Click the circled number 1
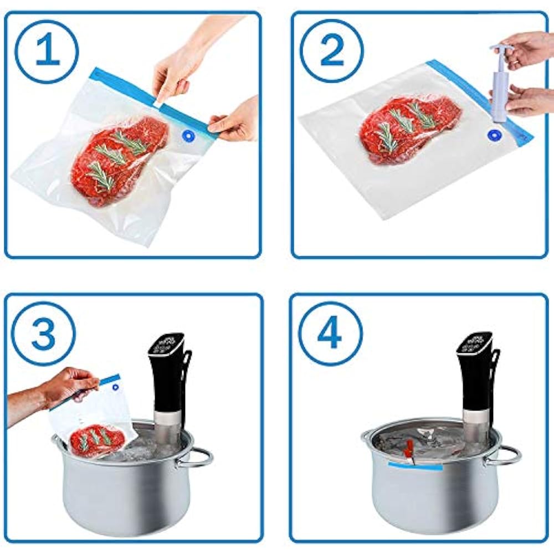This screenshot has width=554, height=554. pos(47,51)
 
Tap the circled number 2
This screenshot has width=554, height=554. pos(332,51)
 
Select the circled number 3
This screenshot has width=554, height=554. pos(43,333)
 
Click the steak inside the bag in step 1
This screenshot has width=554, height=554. pos(119,158)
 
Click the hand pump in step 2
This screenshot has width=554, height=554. pos(500,83)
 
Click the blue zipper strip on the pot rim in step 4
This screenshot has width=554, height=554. pos(415,466)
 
